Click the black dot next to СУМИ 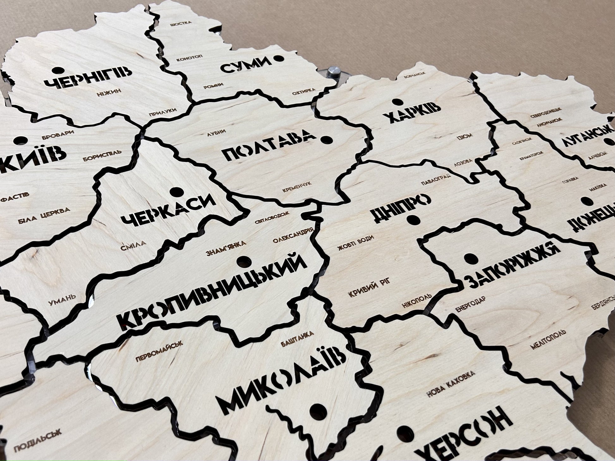[x=278, y=58]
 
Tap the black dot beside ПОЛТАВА [x=326, y=139]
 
